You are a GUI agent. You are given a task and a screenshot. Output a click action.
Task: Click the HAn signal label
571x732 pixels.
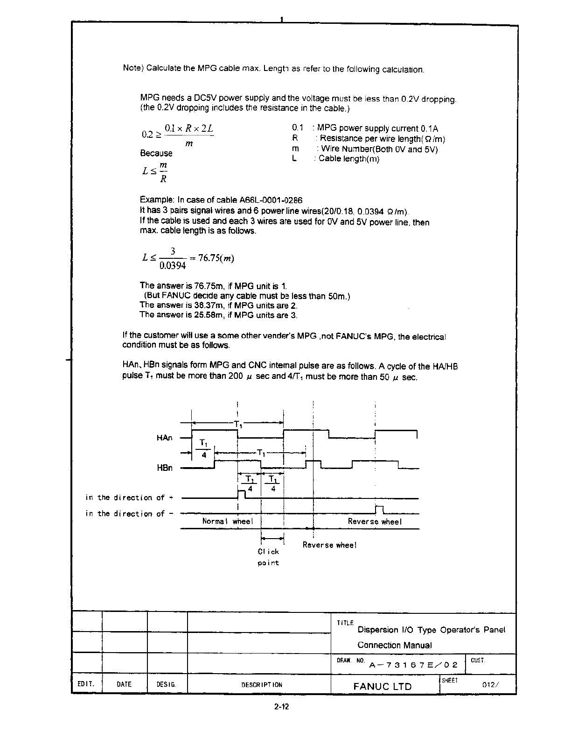[164, 438]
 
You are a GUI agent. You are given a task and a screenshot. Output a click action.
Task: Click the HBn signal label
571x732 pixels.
[164, 468]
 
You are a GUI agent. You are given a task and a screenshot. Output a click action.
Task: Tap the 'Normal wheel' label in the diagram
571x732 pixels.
[228, 521]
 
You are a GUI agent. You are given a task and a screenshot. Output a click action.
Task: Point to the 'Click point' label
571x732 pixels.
[268, 557]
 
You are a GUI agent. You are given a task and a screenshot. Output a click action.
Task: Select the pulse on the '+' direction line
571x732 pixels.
[242, 494]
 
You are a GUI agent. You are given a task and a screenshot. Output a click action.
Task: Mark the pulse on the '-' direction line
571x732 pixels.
[379, 509]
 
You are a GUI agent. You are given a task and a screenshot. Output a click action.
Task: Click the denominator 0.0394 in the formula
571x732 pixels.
[173, 266]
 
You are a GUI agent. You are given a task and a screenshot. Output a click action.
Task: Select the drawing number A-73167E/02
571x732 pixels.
[413, 665]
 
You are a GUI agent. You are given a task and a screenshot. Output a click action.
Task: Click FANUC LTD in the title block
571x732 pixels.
[383, 686]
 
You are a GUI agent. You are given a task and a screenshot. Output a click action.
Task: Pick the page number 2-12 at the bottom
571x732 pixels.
[282, 707]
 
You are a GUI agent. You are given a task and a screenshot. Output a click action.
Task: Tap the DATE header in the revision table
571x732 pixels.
[124, 684]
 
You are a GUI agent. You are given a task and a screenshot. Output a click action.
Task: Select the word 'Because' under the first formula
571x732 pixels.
[156, 153]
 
